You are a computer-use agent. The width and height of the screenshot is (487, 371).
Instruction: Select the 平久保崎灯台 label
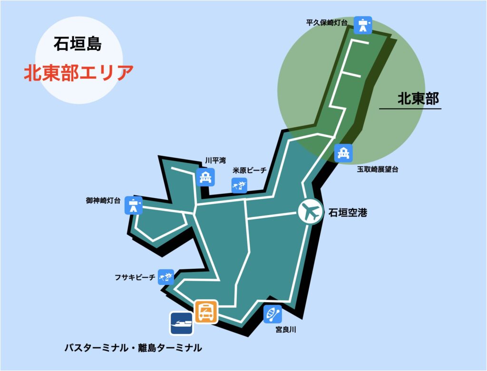(327, 22)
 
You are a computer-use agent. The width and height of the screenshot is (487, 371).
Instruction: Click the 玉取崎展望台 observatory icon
(343, 153)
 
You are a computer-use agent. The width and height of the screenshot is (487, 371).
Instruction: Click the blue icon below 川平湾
(205, 178)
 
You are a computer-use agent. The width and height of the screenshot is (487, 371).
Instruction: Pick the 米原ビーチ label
(250, 170)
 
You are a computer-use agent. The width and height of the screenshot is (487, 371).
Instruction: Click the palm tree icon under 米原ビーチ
(239, 185)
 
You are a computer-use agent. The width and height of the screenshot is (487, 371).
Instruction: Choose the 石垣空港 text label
(348, 213)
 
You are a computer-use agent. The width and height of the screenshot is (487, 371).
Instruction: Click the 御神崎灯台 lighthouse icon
(133, 205)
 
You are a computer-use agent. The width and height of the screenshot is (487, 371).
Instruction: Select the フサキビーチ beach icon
(166, 277)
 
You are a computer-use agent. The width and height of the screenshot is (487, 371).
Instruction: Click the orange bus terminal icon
(205, 311)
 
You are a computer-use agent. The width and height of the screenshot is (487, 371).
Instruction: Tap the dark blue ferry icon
(182, 323)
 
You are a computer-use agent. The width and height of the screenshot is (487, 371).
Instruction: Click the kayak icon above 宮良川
(273, 314)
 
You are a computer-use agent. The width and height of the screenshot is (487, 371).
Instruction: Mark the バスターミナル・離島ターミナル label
(133, 348)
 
